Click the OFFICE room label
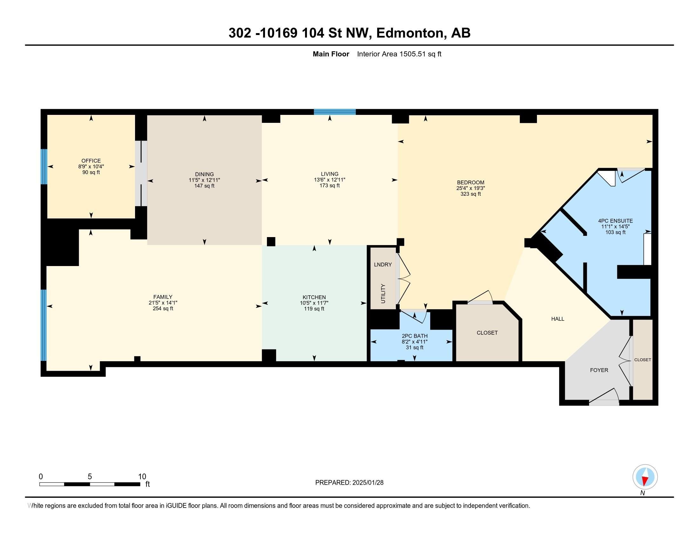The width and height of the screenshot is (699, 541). pyautogui.click(x=91, y=161)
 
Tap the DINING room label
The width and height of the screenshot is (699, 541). pyautogui.click(x=204, y=175)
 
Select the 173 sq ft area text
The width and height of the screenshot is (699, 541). pyautogui.click(x=329, y=186)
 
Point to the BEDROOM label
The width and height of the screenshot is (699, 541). pyautogui.click(x=471, y=183)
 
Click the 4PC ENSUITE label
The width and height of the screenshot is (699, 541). pyautogui.click(x=615, y=221)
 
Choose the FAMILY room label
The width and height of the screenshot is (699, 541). pyautogui.click(x=163, y=297)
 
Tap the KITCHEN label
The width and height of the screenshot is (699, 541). pyautogui.click(x=314, y=298)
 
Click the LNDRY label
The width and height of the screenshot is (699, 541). pyautogui.click(x=383, y=265)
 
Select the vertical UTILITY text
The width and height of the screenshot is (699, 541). pyautogui.click(x=383, y=293)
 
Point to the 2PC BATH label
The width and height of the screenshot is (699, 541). pyautogui.click(x=414, y=336)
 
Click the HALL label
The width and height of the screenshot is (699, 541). pyautogui.click(x=558, y=319)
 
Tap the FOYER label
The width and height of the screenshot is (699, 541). pyautogui.click(x=599, y=370)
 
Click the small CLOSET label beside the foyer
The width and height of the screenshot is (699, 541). pyautogui.click(x=642, y=360)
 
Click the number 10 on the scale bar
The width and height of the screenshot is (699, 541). pyautogui.click(x=142, y=477)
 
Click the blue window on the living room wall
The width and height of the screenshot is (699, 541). pyautogui.click(x=335, y=112)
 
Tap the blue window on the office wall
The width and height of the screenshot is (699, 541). pyautogui.click(x=44, y=166)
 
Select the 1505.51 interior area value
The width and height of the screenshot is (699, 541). pyautogui.click(x=412, y=54)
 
